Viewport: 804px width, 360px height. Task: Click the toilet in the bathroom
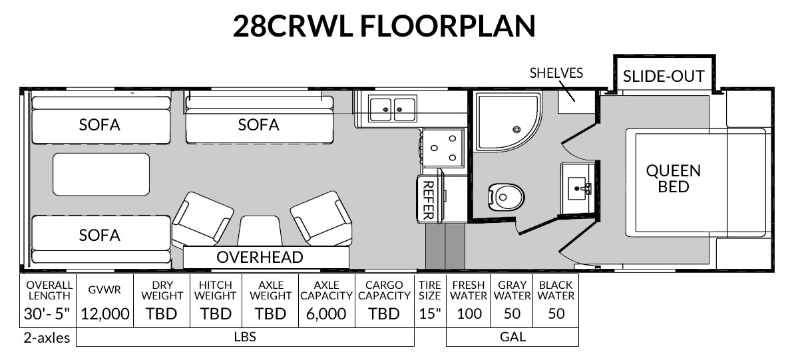(x=506, y=198)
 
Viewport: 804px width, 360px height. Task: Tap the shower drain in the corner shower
(x=516, y=130)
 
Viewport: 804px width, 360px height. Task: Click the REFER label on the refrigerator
(x=428, y=200)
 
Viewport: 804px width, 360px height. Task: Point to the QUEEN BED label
(x=674, y=179)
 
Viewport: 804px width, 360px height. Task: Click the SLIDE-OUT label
(x=664, y=76)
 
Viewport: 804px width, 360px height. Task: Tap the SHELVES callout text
(x=556, y=73)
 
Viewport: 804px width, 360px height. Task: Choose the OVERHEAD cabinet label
(x=260, y=257)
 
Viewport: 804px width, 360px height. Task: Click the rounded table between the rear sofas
(x=101, y=174)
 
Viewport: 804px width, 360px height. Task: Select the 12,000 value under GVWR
(x=104, y=313)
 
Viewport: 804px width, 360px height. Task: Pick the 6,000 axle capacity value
(x=326, y=313)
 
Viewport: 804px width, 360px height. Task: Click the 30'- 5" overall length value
(x=47, y=313)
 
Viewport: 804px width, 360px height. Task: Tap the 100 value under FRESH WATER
(x=469, y=313)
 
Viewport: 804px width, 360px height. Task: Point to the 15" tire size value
(x=430, y=313)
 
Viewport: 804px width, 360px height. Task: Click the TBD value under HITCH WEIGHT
(x=216, y=313)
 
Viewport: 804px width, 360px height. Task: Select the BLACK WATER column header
(x=556, y=290)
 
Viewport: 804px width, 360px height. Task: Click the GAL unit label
(x=513, y=337)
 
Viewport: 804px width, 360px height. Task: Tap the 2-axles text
(x=47, y=338)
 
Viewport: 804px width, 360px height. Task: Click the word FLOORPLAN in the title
(x=447, y=26)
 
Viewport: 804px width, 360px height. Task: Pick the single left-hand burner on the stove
(x=435, y=148)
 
